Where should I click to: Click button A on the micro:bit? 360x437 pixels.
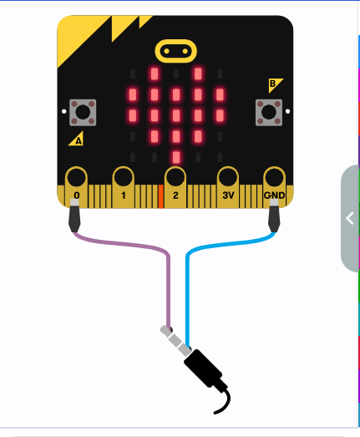(83, 113)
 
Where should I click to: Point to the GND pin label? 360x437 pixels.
(274, 195)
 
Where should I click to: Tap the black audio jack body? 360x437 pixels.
(203, 368)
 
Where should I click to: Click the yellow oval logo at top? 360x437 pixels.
(175, 51)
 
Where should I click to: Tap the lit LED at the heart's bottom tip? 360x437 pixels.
(176, 157)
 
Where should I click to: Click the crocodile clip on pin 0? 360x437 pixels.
(74, 215)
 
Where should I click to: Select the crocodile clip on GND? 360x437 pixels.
(274, 215)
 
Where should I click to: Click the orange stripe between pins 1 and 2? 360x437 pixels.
(160, 196)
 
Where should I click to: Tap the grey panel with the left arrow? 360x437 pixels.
(350, 218)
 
